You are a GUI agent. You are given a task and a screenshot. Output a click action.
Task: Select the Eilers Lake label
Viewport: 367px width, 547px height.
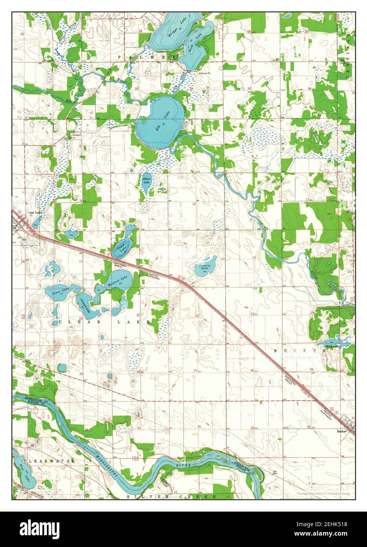(146, 181)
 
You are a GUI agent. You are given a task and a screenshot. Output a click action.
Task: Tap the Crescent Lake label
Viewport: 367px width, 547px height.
(84, 305)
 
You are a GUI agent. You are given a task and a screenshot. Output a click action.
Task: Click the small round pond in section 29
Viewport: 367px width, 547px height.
(62, 368)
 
